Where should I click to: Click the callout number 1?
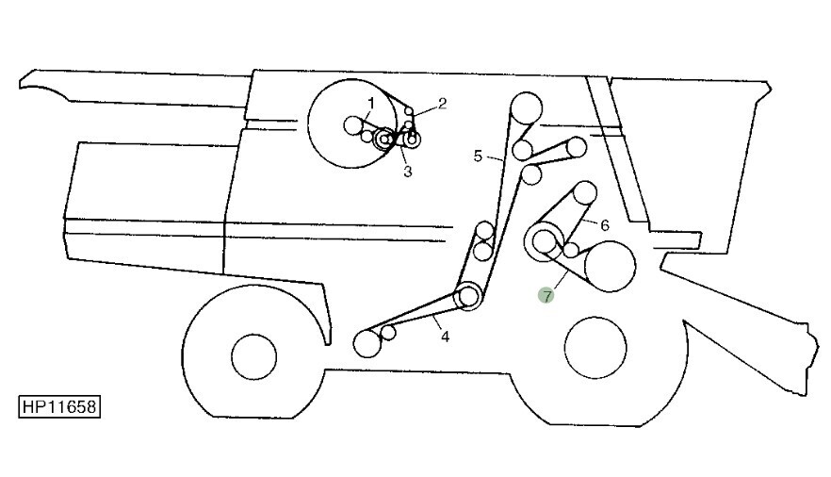pyautogui.click(x=371, y=103)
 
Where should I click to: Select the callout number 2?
pyautogui.click(x=442, y=104)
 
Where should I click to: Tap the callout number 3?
pyautogui.click(x=407, y=172)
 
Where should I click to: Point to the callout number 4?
pyautogui.click(x=445, y=337)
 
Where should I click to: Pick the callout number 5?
pyautogui.click(x=478, y=156)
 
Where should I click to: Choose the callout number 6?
pyautogui.click(x=605, y=226)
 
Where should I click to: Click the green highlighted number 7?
pyautogui.click(x=546, y=296)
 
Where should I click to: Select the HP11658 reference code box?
pyautogui.click(x=59, y=406)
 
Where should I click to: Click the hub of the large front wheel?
pyautogui.click(x=253, y=356)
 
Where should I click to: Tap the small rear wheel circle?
pyautogui.click(x=595, y=348)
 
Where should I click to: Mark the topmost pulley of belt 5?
pyautogui.click(x=527, y=108)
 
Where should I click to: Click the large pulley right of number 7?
pyautogui.click(x=610, y=266)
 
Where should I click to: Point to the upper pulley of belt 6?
pyautogui.click(x=584, y=193)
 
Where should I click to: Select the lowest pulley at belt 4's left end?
pyautogui.click(x=367, y=343)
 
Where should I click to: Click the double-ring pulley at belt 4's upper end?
pyautogui.click(x=468, y=297)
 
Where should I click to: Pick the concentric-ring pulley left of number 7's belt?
pyautogui.click(x=544, y=241)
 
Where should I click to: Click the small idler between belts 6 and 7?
pyautogui.click(x=571, y=249)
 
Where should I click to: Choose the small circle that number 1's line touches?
pyautogui.click(x=353, y=125)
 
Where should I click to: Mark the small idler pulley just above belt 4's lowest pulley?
pyautogui.click(x=388, y=333)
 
